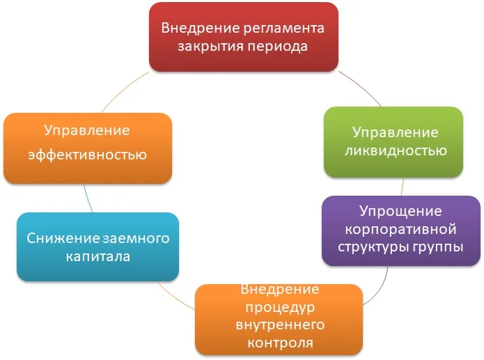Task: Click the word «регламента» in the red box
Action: pos(283,29)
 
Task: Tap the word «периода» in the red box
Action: pos(278,47)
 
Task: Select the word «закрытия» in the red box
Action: pos(210,47)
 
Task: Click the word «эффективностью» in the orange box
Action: pos(87,155)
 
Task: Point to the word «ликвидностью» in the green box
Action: pos(396,151)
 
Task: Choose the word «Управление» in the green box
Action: pos(396,133)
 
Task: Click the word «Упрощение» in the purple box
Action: pos(400,212)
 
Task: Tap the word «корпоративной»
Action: pos(400,229)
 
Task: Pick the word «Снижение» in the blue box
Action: pos(63,238)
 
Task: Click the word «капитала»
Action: pos(98,256)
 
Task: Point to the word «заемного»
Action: pos(136,239)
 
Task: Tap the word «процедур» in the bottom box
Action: pos(280,308)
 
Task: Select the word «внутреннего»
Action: pos(280,325)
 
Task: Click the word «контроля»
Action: pos(280,343)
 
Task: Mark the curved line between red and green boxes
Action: pos(361,87)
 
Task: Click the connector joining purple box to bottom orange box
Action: pos(381,290)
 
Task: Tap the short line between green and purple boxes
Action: pos(403,187)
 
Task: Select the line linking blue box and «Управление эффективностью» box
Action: pos(87,198)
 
